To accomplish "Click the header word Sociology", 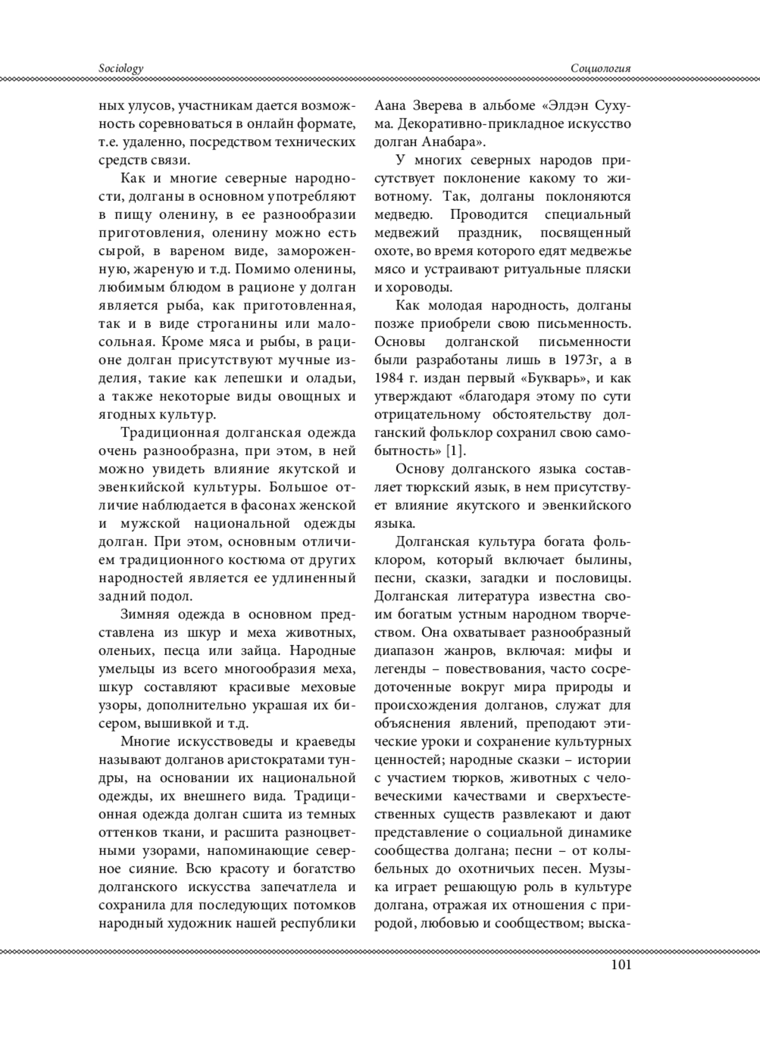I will pos(121,68).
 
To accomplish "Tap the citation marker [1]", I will pos(455,451).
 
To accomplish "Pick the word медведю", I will pos(402,215).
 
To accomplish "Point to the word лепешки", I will pos(256,378).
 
